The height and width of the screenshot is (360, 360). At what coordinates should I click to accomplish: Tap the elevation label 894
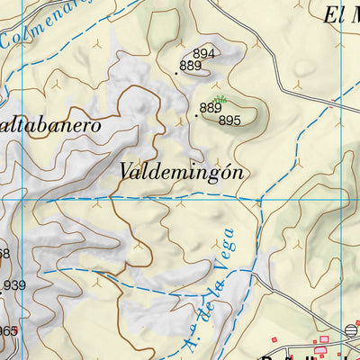[204, 53]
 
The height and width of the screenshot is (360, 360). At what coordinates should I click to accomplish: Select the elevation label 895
[229, 120]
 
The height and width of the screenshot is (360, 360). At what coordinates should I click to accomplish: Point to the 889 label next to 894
[190, 66]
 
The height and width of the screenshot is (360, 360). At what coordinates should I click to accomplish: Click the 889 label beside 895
[211, 108]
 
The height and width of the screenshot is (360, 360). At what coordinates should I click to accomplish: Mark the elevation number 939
[14, 286]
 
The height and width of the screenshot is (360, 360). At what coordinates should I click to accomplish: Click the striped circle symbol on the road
[351, 329]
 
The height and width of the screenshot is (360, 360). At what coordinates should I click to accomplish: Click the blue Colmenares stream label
[40, 25]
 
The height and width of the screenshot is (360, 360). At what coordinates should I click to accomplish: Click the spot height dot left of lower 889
[196, 115]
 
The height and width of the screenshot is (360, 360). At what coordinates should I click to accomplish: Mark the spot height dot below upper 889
[176, 73]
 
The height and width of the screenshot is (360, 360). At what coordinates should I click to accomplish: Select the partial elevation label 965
[8, 331]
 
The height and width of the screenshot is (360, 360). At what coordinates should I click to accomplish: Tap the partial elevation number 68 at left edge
[4, 254]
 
